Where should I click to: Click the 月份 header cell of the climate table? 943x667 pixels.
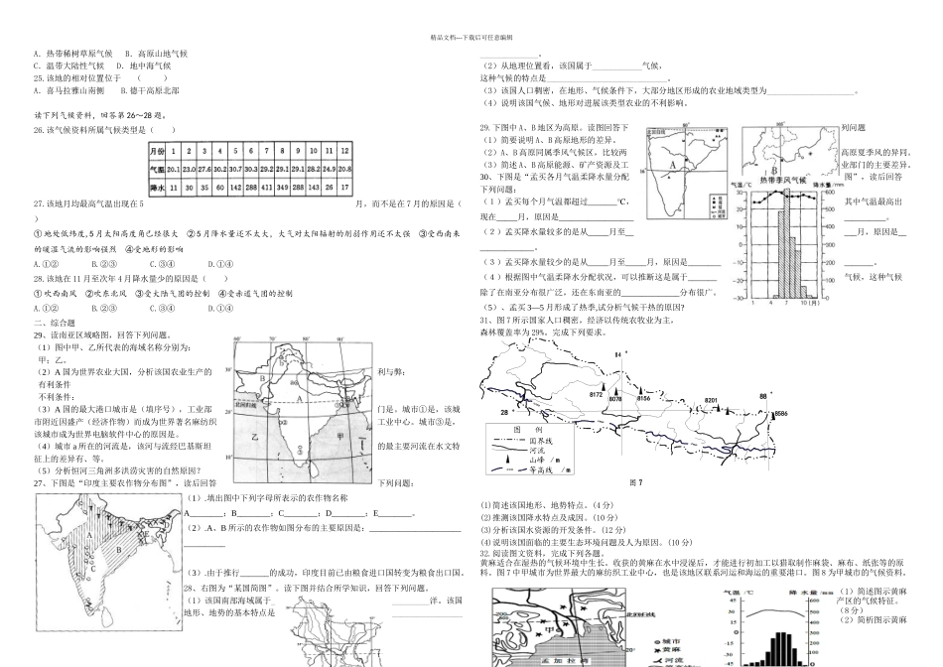tap(157, 152)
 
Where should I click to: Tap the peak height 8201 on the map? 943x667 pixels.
tap(711, 399)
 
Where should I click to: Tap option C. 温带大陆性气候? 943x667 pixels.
tap(68, 65)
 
